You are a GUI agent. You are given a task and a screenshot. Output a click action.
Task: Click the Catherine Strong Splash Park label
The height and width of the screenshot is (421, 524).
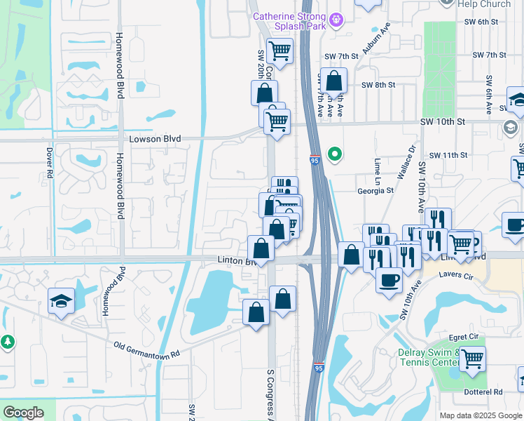(289, 21)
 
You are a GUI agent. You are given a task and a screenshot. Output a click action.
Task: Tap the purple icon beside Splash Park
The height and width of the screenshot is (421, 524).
(337, 19)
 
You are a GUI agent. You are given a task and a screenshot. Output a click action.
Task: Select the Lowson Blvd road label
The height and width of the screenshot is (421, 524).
(150, 139)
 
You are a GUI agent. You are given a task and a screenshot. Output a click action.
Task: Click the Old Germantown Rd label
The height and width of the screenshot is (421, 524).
(146, 348)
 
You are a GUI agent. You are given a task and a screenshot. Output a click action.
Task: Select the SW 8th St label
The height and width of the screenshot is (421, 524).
(378, 85)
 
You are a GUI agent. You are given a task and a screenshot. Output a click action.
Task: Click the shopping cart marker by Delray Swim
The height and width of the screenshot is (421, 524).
(472, 359)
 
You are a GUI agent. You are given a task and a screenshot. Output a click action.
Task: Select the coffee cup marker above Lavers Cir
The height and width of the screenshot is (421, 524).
(389, 279)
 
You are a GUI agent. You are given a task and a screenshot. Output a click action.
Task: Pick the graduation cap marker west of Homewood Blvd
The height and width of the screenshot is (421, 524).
(61, 301)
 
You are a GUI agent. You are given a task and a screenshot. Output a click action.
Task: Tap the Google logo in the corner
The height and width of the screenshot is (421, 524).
(23, 412)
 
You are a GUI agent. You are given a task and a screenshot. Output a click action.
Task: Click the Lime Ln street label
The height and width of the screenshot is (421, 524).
(378, 166)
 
